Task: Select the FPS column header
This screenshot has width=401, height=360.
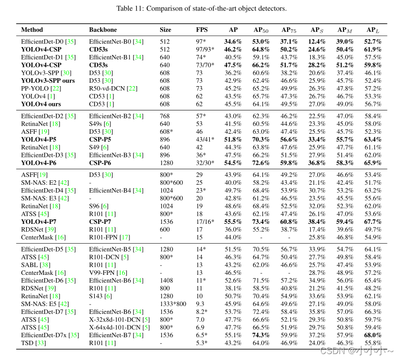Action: coord(202,30)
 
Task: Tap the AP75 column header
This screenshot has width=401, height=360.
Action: coord(289,30)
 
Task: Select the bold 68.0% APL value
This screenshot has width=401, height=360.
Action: coord(373,335)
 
